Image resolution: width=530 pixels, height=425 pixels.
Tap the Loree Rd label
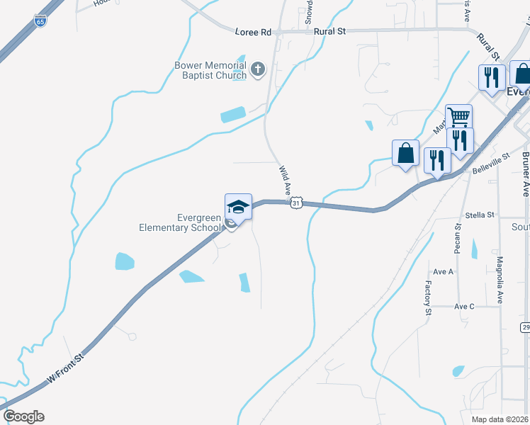click(254, 32)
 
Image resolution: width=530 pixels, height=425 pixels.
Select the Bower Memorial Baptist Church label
click(210, 70)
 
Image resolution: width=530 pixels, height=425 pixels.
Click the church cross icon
click(257, 69)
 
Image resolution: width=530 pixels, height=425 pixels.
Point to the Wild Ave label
click(285, 181)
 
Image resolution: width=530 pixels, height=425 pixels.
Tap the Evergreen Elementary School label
click(179, 222)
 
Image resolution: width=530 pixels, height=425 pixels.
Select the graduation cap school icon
click(238, 206)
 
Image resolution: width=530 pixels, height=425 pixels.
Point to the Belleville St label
click(491, 162)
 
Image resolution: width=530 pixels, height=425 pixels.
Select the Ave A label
click(443, 271)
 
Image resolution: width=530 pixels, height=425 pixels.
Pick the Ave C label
click(464, 306)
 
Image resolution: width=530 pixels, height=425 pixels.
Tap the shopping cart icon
click(458, 116)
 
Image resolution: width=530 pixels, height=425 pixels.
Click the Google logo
click(23, 416)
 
